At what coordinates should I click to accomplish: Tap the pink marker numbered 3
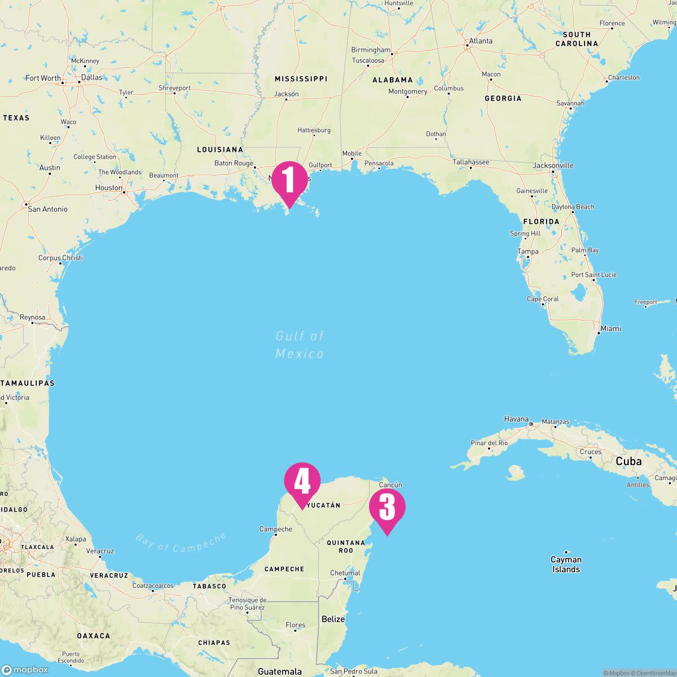(387, 508)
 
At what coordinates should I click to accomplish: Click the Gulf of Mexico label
(300, 345)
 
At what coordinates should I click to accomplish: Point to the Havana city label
(516, 419)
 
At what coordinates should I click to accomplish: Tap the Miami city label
(610, 328)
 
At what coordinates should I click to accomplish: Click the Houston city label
(109, 188)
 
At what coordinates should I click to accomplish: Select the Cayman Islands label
(566, 564)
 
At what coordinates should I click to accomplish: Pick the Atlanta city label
(481, 41)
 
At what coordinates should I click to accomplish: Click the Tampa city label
(528, 252)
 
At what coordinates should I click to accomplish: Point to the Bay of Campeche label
(180, 542)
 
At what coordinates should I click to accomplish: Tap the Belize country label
(333, 619)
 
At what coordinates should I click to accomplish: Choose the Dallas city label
(91, 77)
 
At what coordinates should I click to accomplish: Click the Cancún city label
(390, 485)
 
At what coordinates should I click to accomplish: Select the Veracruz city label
(100, 551)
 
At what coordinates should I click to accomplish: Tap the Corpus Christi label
(60, 258)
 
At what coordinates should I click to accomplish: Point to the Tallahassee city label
(471, 162)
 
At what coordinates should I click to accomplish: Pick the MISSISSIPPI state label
(301, 78)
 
